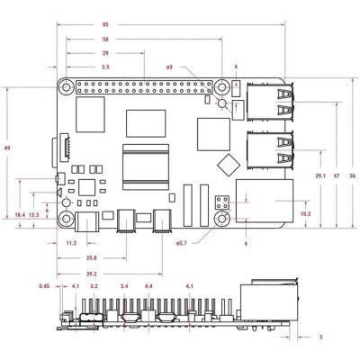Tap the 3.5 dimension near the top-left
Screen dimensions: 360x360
click(x=106, y=67)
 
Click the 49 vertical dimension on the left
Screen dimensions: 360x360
click(x=7, y=148)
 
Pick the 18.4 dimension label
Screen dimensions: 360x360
click(x=20, y=215)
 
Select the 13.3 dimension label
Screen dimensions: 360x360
click(x=34, y=215)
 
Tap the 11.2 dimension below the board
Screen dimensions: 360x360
click(x=72, y=242)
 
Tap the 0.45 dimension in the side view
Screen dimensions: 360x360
click(x=44, y=287)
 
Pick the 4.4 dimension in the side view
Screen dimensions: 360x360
click(x=148, y=287)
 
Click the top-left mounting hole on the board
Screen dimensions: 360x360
click(x=66, y=87)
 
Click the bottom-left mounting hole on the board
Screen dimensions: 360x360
click(x=66, y=219)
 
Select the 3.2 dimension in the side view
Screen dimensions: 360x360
click(x=94, y=287)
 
